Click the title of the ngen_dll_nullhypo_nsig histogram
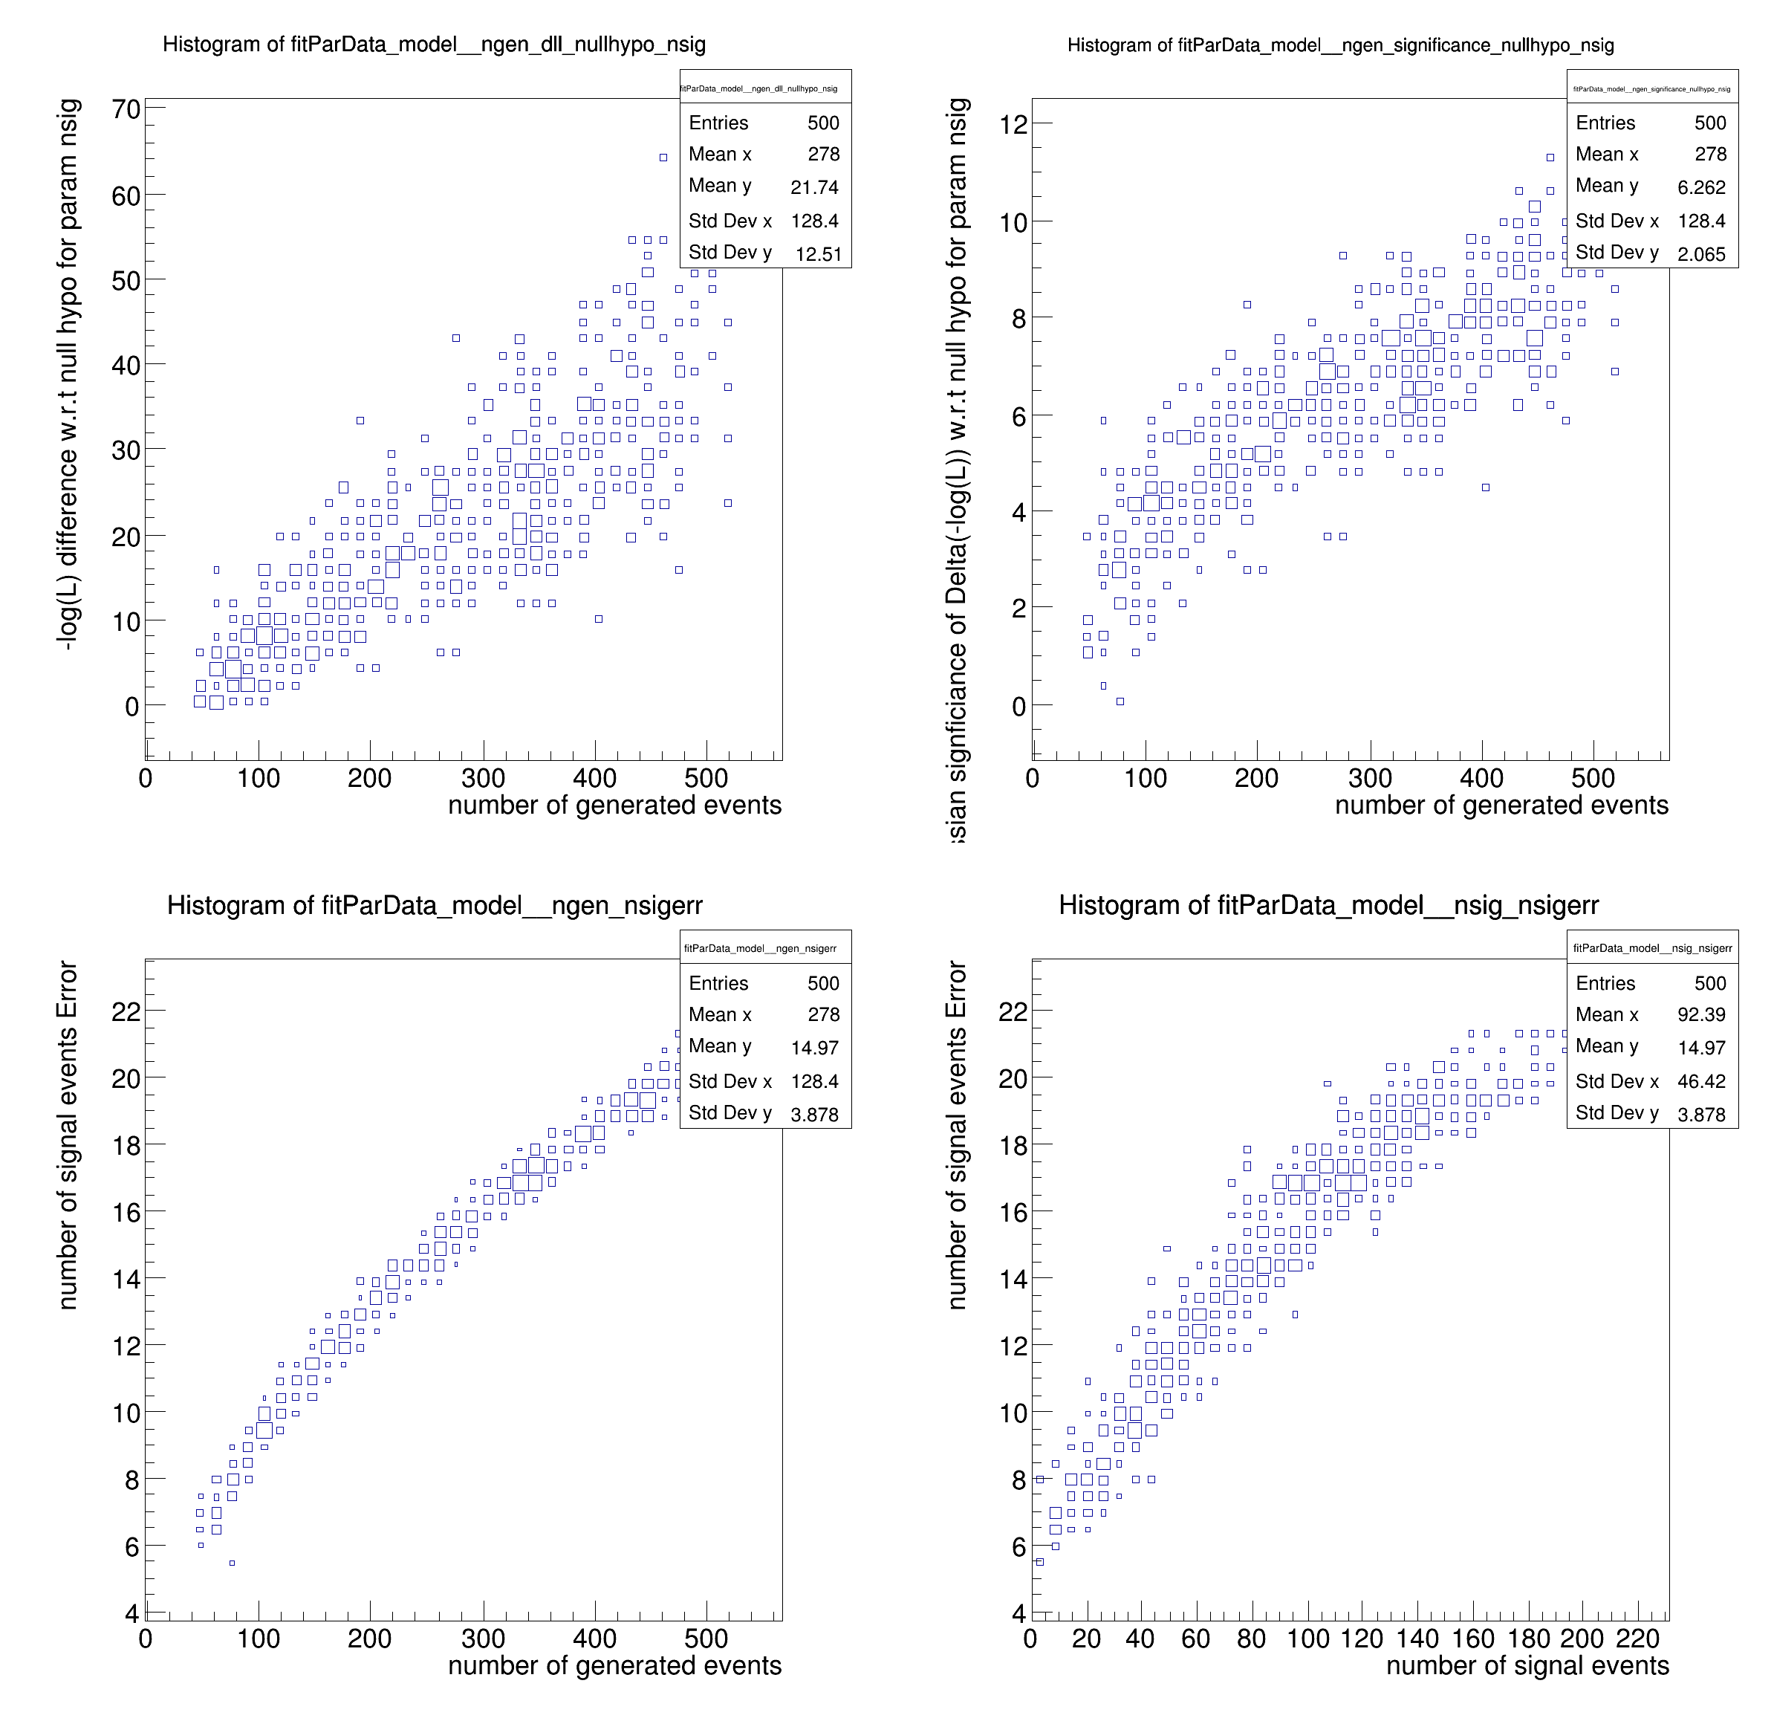(434, 45)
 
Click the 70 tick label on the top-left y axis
(126, 109)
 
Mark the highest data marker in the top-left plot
(663, 158)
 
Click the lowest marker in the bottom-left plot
(232, 1563)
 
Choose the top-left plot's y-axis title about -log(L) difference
(68, 374)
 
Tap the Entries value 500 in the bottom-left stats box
(822, 983)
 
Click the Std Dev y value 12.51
(818, 254)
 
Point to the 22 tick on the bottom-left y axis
(126, 1012)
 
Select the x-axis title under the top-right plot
(1501, 805)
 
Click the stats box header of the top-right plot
(1652, 88)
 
